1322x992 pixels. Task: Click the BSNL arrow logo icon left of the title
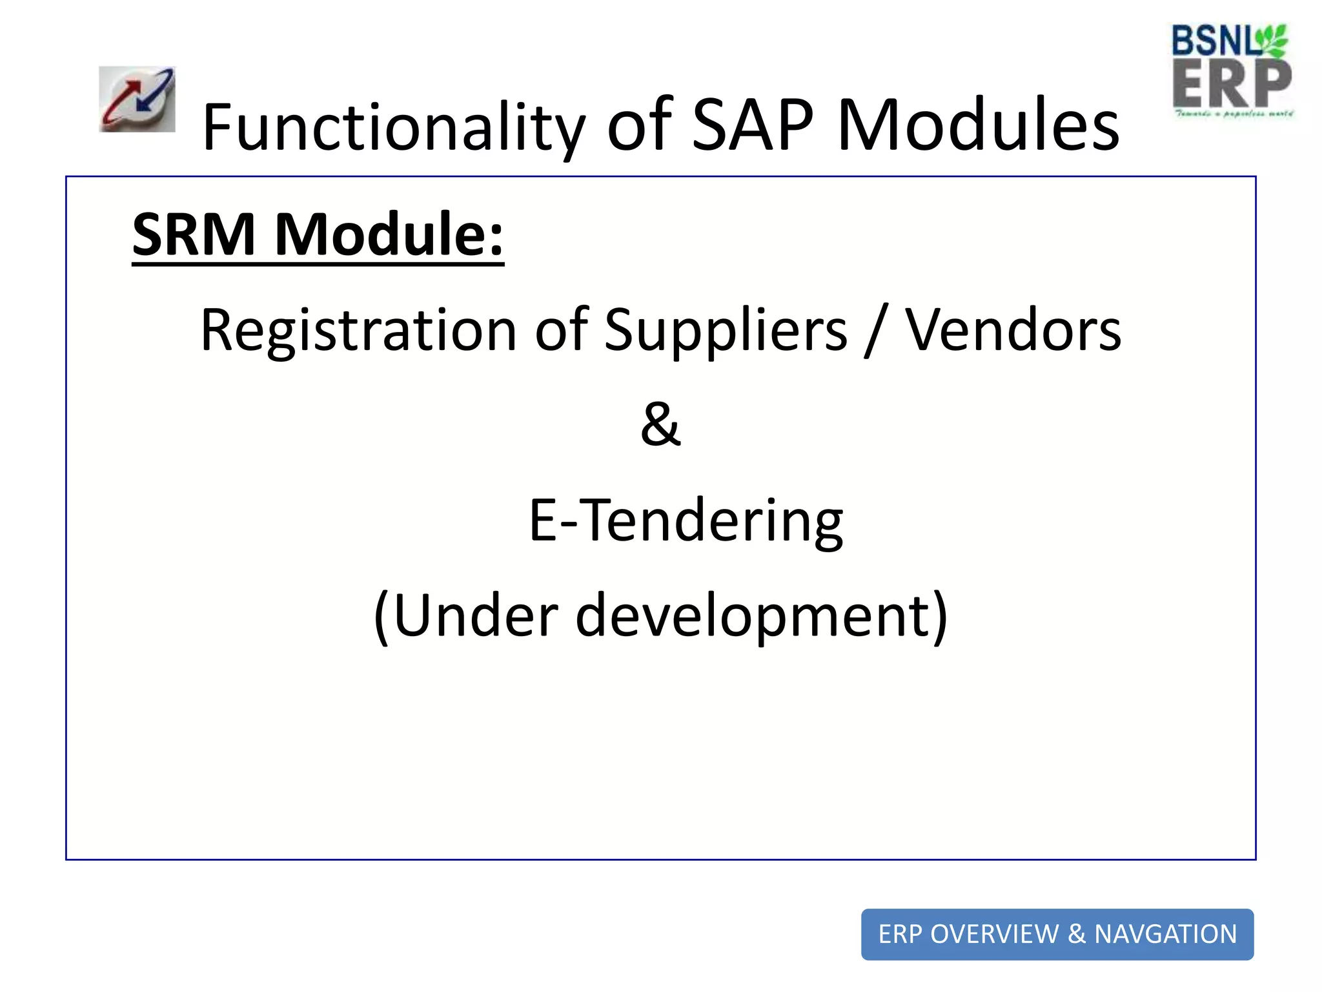[137, 99]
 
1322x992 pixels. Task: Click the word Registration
[358, 331]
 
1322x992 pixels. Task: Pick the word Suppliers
[726, 331]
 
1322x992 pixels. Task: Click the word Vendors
[1013, 331]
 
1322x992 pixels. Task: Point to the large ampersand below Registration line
[660, 425]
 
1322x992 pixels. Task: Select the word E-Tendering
[686, 521]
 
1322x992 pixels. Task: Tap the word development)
[762, 616]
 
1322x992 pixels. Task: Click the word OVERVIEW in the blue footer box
[995, 935]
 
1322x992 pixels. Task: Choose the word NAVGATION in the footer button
[1166, 935]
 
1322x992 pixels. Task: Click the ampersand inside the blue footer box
[1077, 935]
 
